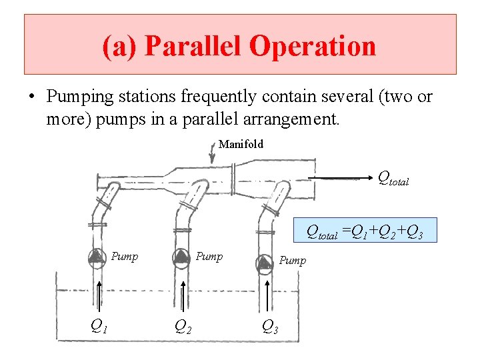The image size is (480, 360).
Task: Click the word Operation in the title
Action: [x=313, y=47]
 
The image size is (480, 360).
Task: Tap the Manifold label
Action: [x=241, y=144]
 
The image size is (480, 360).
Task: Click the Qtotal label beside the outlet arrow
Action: [x=393, y=179]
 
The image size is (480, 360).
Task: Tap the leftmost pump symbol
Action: [x=97, y=257]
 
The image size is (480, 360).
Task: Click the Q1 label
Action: [x=99, y=325]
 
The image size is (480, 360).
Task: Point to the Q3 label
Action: [x=269, y=326]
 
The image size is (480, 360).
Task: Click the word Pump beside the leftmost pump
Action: [x=125, y=257]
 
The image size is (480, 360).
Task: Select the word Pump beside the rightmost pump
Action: [x=292, y=260]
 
